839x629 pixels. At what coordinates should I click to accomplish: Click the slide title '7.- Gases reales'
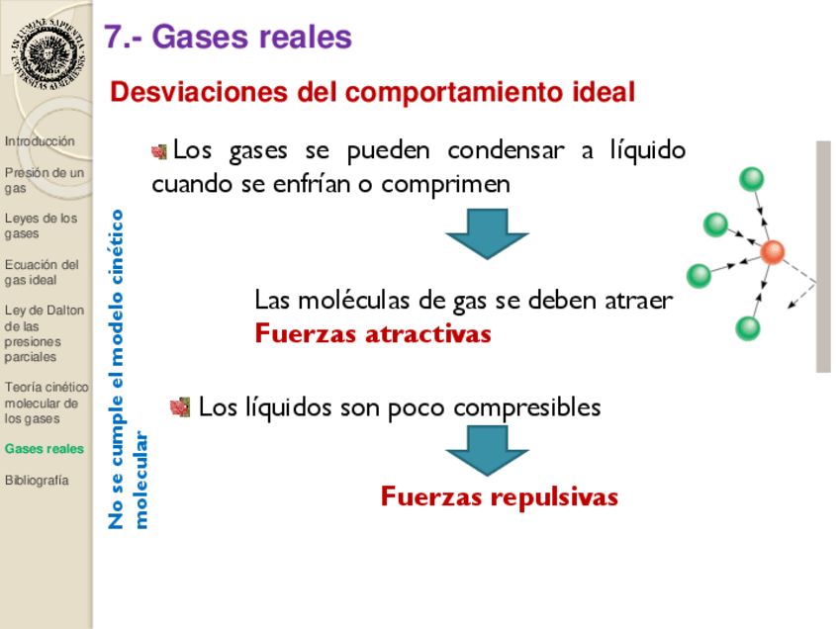(x=229, y=37)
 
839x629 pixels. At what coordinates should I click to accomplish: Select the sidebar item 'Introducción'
(x=40, y=141)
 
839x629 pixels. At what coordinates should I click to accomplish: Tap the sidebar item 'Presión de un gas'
(x=44, y=180)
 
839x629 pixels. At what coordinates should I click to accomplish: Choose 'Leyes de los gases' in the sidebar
(x=41, y=225)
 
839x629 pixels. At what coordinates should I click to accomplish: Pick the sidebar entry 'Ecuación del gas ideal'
(x=42, y=272)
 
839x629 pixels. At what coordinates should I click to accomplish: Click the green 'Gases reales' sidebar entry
(x=45, y=449)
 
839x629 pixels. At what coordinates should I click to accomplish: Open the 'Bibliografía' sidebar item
(x=37, y=480)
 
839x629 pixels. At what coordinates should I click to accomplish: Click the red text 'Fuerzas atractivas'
(x=373, y=333)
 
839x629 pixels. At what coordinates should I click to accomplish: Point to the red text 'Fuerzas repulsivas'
(x=500, y=496)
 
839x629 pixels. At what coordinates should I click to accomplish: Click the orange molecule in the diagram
(x=773, y=252)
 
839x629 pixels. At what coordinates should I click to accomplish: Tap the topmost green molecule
(x=751, y=180)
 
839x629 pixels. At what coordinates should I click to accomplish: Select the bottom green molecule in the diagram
(x=748, y=328)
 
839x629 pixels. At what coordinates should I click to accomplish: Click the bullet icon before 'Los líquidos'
(x=180, y=407)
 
